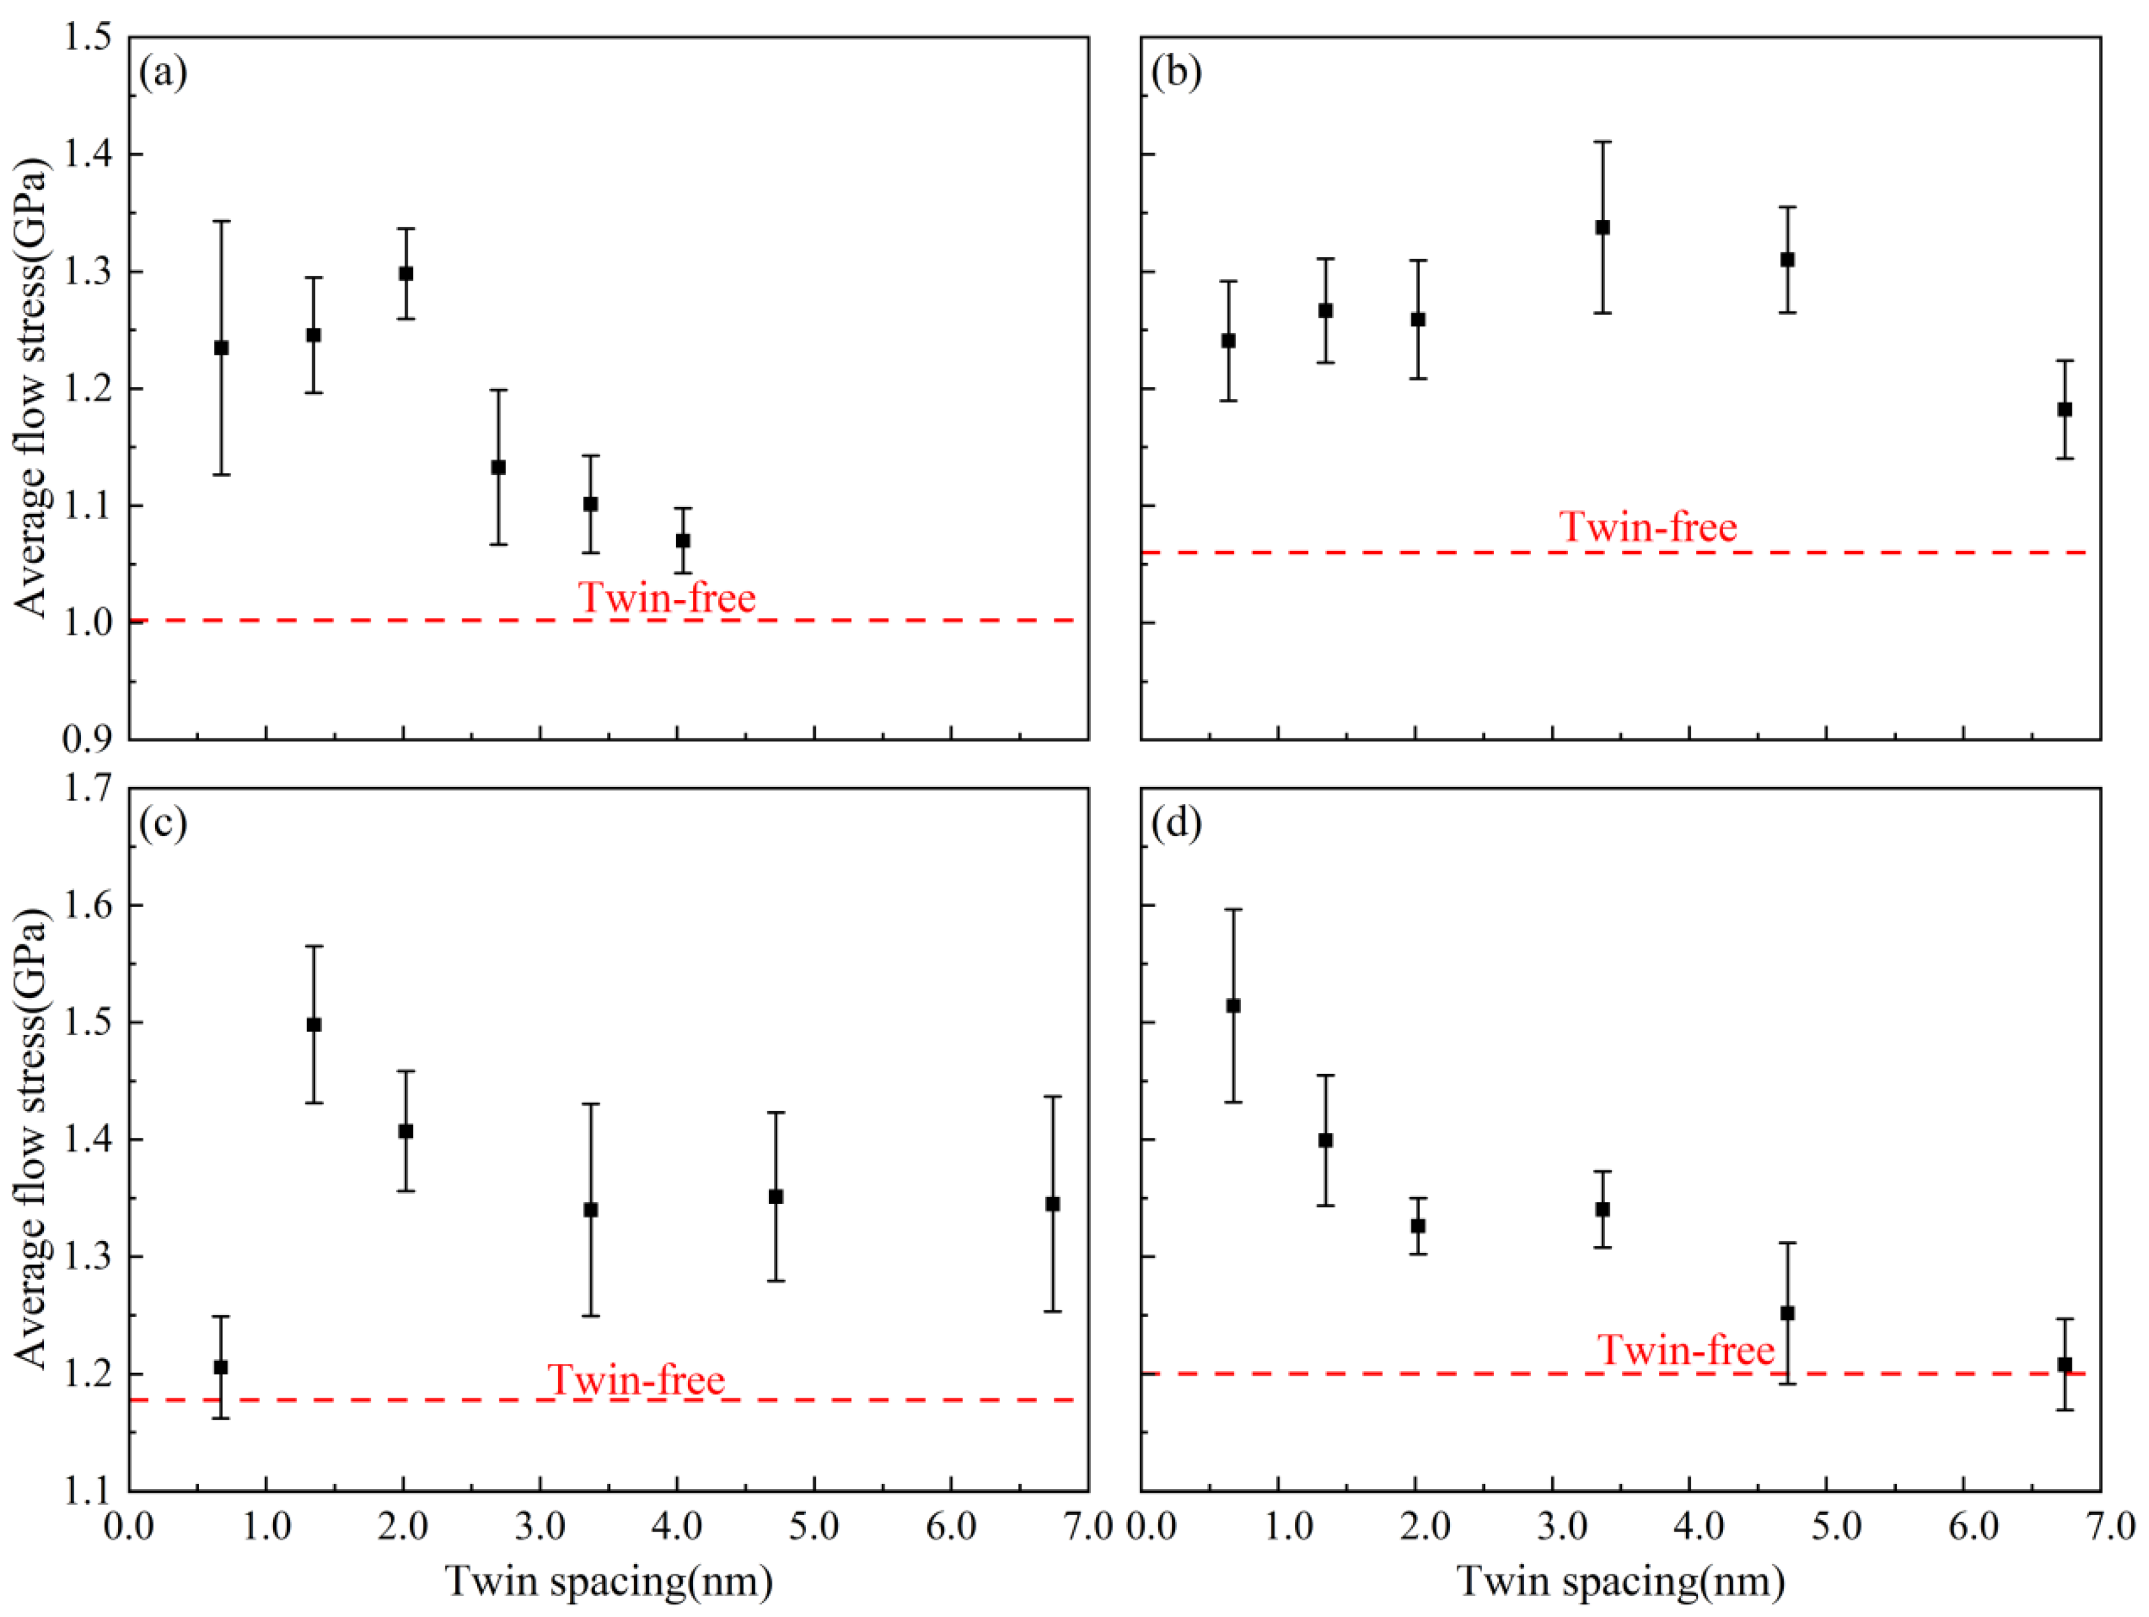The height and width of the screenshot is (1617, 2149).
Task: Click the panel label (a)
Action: pyautogui.click(x=163, y=73)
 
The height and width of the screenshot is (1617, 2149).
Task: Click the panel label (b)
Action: pyautogui.click(x=1176, y=73)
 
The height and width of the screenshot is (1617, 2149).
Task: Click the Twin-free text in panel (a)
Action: pyautogui.click(x=666, y=597)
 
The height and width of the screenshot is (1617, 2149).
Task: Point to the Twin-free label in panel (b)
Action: pyautogui.click(x=1648, y=527)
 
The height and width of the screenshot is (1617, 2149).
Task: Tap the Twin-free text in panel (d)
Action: pyautogui.click(x=1685, y=1350)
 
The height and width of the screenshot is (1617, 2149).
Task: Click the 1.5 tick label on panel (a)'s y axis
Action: pyautogui.click(x=87, y=37)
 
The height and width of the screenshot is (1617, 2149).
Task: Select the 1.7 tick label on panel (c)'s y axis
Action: pyautogui.click(x=87, y=788)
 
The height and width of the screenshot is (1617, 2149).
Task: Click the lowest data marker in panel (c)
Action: pyautogui.click(x=221, y=1367)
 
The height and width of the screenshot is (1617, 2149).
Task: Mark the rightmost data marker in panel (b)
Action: pyautogui.click(x=2064, y=409)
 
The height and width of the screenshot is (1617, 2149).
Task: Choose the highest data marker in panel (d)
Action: pyautogui.click(x=1233, y=1006)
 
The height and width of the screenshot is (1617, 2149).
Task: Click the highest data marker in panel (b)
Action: pyautogui.click(x=1603, y=228)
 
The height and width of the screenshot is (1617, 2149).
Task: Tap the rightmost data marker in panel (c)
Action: pyautogui.click(x=1052, y=1204)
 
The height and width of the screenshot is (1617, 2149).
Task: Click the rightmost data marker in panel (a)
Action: pyautogui.click(x=683, y=540)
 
